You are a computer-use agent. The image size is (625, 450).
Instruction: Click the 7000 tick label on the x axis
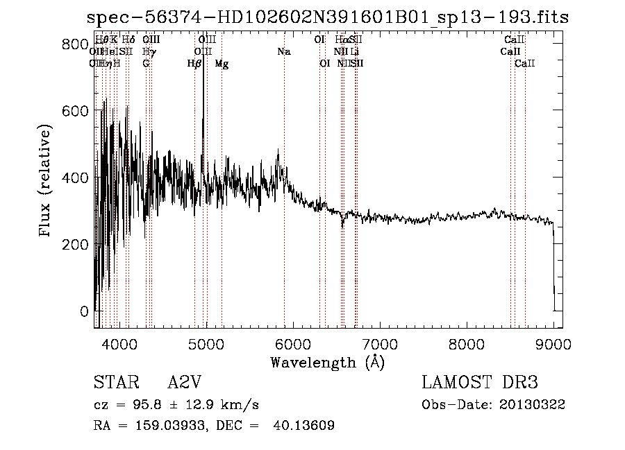[x=380, y=343]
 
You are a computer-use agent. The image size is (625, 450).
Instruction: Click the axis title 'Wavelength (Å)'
[x=327, y=362]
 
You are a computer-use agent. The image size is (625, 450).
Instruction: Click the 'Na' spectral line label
[x=283, y=52]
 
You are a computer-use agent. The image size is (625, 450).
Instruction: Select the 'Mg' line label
[x=222, y=64]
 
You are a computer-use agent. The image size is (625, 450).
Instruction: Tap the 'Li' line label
[x=354, y=52]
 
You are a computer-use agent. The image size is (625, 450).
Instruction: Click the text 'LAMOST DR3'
[x=479, y=383]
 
